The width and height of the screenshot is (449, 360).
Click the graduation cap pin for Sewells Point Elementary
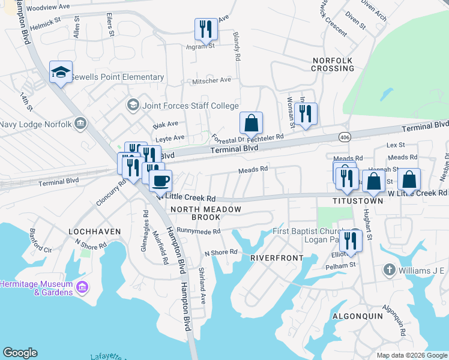click(x=61, y=73)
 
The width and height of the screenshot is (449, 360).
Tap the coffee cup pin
click(x=160, y=180)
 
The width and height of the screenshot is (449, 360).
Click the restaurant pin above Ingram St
click(x=205, y=28)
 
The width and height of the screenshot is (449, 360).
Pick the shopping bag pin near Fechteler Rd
click(x=251, y=123)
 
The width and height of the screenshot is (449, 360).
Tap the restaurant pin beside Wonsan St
click(x=306, y=113)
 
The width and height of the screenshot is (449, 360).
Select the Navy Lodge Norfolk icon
click(x=81, y=124)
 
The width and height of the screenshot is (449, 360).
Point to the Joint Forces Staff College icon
click(x=132, y=106)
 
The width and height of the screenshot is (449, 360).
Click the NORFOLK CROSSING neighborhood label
click(x=333, y=64)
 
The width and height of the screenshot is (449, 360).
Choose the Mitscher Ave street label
click(x=211, y=80)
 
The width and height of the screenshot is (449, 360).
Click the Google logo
click(x=20, y=353)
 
